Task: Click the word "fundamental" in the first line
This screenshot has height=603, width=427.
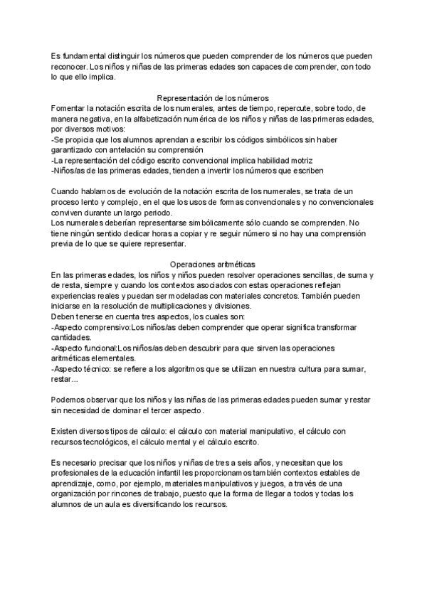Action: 87,56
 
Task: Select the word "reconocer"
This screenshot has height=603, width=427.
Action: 72,67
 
